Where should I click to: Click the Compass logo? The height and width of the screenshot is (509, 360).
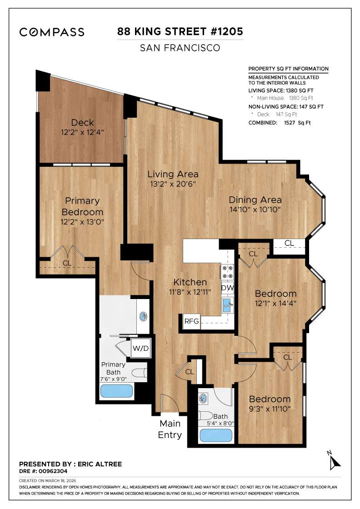tap(51, 32)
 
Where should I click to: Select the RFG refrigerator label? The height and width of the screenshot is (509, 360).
tap(191, 321)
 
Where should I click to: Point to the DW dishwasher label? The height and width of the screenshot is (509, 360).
tap(227, 288)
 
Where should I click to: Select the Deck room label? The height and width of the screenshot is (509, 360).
tap(83, 122)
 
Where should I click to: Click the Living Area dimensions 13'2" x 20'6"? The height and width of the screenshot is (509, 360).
tap(173, 185)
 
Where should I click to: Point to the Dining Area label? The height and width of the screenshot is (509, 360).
tap(255, 200)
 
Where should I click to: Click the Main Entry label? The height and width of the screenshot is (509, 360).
tap(170, 429)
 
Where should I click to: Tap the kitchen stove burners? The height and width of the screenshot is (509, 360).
tap(227, 272)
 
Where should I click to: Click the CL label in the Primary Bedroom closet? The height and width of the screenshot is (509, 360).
tap(67, 263)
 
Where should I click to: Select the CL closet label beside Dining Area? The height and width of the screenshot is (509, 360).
tap(289, 243)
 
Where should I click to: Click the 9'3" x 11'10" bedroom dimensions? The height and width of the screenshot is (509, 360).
tap(270, 409)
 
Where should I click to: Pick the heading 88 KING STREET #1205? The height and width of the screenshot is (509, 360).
tap(180, 31)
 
